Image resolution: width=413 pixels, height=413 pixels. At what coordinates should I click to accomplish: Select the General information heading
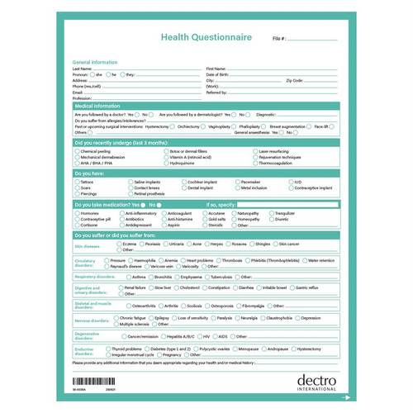(x=95, y=63)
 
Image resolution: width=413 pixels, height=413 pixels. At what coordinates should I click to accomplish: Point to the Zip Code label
(x=295, y=80)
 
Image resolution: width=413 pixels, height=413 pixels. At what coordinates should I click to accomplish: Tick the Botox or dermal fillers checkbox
(x=165, y=152)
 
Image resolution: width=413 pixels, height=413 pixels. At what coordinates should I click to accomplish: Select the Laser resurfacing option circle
(x=255, y=152)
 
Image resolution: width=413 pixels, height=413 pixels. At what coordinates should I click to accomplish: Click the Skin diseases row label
(x=88, y=246)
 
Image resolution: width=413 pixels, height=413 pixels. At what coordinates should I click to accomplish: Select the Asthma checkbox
(x=127, y=277)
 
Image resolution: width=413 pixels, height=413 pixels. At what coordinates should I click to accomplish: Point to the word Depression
(x=311, y=317)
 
